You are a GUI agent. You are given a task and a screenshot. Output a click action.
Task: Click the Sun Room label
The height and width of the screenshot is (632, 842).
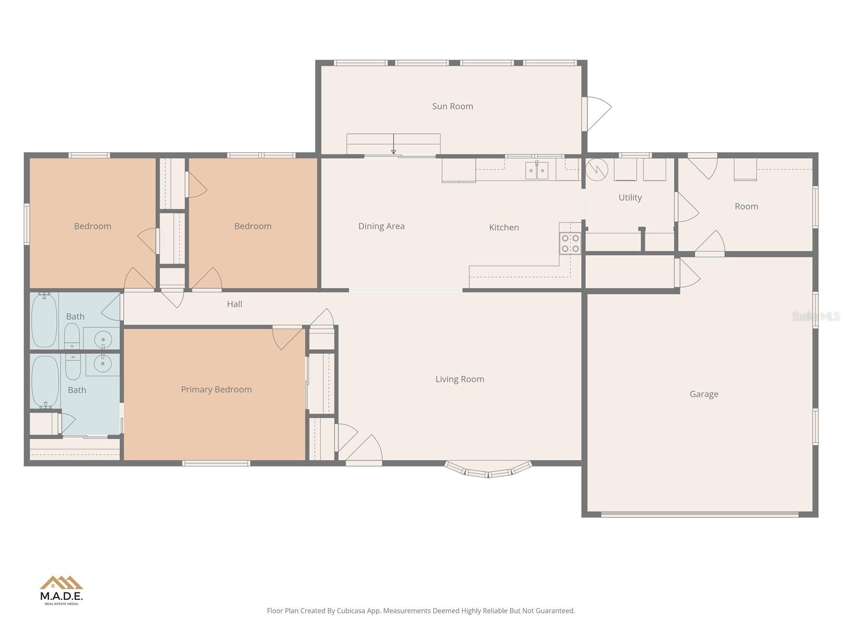pyautogui.click(x=453, y=106)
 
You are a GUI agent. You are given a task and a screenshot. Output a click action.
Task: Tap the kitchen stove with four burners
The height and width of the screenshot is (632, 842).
pyautogui.click(x=570, y=243)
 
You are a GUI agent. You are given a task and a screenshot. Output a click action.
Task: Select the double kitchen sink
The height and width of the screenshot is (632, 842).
pyautogui.click(x=537, y=171)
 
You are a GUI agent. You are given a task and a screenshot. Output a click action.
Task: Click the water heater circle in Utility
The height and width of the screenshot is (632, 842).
pyautogui.click(x=597, y=169)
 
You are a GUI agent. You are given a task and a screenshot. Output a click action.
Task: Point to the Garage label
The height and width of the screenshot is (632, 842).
pyautogui.click(x=704, y=394)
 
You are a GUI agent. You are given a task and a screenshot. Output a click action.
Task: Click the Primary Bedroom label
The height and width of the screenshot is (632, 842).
pyautogui.click(x=216, y=389)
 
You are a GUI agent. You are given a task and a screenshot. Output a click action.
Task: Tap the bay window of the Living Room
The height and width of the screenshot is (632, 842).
pyautogui.click(x=488, y=470)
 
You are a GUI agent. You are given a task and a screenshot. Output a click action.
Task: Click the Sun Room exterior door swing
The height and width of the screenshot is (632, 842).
pyautogui.click(x=597, y=113)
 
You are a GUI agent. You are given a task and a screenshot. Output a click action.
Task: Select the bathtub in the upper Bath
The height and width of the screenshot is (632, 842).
pyautogui.click(x=44, y=320)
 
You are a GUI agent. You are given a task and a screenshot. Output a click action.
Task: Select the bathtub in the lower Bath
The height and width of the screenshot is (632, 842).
pyautogui.click(x=45, y=381)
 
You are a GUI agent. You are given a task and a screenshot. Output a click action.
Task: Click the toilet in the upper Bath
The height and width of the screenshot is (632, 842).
pyautogui.click(x=72, y=335)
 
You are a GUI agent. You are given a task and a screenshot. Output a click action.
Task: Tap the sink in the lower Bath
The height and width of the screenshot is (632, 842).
pyautogui.click(x=103, y=363)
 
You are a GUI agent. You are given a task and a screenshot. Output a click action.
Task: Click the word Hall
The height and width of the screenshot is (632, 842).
pyautogui.click(x=235, y=304)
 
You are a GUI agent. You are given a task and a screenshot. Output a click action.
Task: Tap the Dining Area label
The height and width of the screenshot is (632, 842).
pyautogui.click(x=382, y=226)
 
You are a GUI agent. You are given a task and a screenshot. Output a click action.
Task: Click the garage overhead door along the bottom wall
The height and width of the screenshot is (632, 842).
pyautogui.click(x=700, y=514)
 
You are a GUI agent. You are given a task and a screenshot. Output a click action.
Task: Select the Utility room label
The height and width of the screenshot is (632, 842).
pyautogui.click(x=630, y=197)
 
